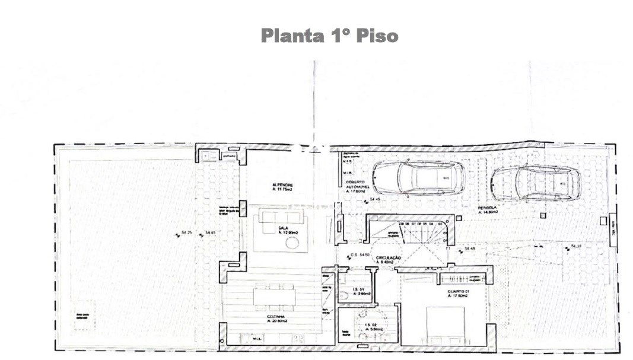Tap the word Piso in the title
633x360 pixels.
(x=377, y=36)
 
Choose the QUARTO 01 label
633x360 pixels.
(x=458, y=293)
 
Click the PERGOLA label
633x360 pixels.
(x=488, y=209)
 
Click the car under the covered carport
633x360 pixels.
(x=418, y=177)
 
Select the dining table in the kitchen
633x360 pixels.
(x=274, y=296)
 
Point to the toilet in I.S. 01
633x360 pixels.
(x=343, y=295)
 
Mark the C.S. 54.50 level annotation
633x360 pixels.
(x=360, y=254)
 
